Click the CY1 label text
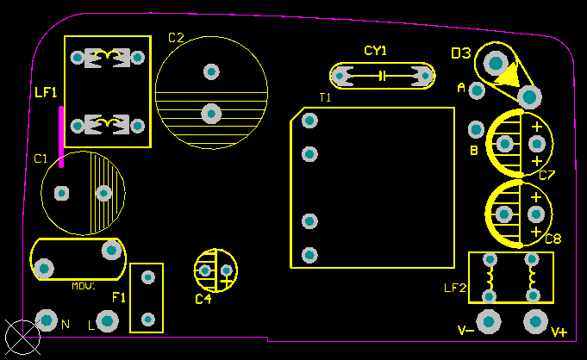(375, 51)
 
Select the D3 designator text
(460, 53)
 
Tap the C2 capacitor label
(176, 38)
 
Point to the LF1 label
(46, 91)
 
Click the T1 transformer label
(325, 98)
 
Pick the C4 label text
(203, 300)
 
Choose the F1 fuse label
(119, 298)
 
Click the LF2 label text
(454, 287)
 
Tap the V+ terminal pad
(535, 321)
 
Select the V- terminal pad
(490, 321)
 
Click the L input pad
(107, 321)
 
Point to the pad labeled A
(476, 90)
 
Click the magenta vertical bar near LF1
(60, 136)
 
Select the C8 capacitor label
(553, 239)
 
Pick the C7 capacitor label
(546, 176)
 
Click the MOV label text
(83, 287)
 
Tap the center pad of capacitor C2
(211, 113)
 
